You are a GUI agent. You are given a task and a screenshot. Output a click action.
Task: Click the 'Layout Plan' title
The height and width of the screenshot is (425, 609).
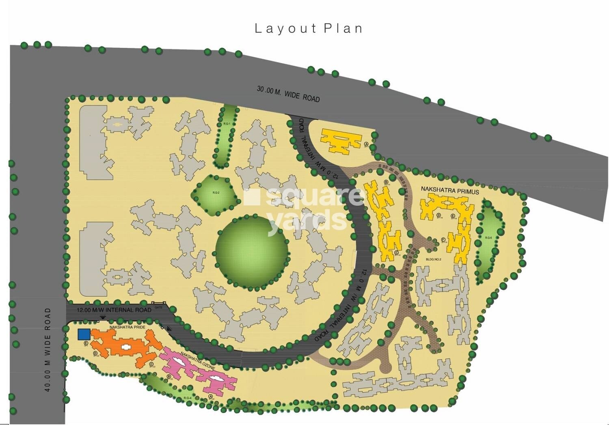[308, 28]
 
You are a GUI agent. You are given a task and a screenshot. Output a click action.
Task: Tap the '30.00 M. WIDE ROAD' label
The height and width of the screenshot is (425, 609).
[288, 94]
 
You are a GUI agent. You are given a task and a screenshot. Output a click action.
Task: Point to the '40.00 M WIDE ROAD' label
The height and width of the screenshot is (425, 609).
[48, 349]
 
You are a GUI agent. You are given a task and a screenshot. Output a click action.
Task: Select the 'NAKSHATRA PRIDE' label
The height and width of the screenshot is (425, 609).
[127, 327]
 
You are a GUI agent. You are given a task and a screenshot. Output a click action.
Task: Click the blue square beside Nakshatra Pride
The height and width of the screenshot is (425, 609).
[84, 334]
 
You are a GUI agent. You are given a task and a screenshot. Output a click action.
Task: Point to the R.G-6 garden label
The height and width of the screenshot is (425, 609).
[488, 238]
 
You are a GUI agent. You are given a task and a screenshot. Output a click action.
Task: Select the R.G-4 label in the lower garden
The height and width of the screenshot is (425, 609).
[187, 398]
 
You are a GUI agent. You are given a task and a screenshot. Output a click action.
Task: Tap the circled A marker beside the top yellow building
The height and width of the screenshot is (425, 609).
[366, 144]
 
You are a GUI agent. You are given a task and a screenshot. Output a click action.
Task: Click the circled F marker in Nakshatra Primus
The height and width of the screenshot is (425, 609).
[443, 239]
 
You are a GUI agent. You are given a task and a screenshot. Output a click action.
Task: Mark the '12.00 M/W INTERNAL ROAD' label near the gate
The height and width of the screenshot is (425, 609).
[114, 310]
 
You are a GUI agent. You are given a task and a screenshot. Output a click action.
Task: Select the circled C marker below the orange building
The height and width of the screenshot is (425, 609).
[151, 365]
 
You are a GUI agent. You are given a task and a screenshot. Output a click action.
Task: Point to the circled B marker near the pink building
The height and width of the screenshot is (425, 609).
[168, 377]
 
